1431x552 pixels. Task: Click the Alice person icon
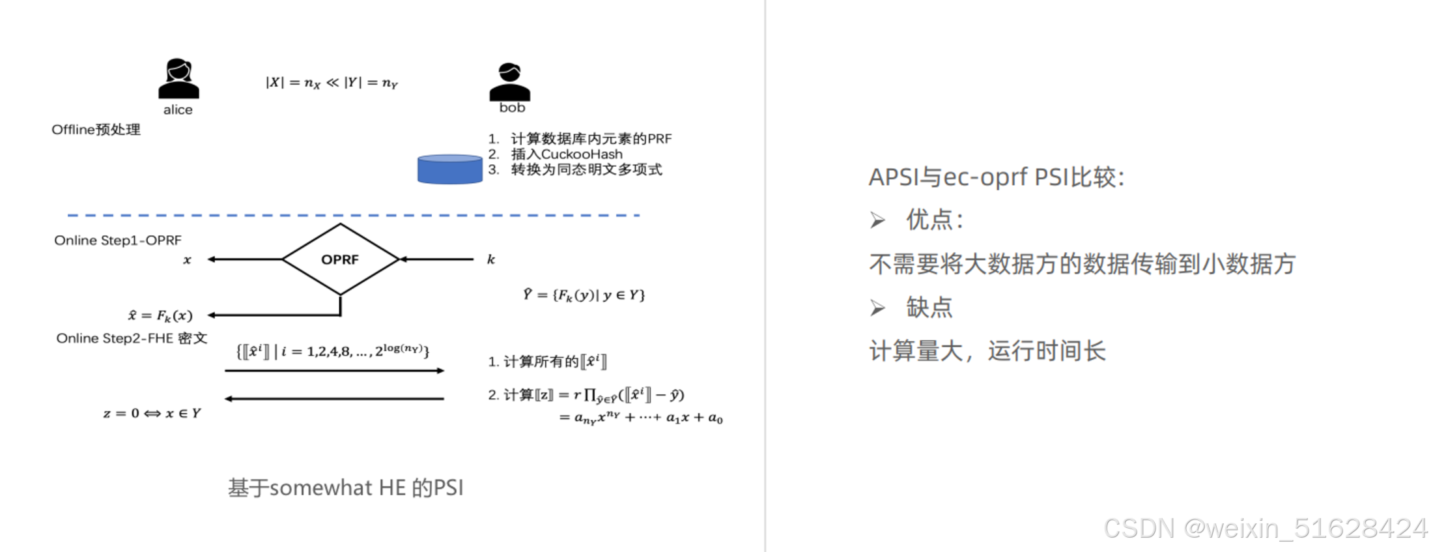[178, 79]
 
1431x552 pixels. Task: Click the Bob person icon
[509, 81]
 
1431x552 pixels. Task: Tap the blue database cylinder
[449, 169]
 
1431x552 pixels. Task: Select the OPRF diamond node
[340, 259]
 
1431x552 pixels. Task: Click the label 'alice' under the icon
[178, 110]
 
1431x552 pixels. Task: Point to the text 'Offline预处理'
[96, 130]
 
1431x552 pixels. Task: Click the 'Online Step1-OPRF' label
[118, 240]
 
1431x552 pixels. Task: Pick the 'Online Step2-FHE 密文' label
[132, 338]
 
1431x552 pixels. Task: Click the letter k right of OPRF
[491, 259]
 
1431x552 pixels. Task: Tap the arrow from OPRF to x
[244, 259]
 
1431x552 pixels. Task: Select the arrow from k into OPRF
[436, 259]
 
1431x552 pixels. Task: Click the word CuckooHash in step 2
[582, 154]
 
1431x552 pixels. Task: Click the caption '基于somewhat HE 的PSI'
[345, 487]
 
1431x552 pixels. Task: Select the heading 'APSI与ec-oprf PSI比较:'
[996, 177]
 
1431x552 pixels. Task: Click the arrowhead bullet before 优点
[877, 220]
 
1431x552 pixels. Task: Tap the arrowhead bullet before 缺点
[877, 308]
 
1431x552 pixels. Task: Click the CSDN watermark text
[1265, 528]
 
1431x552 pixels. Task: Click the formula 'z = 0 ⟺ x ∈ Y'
[152, 413]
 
